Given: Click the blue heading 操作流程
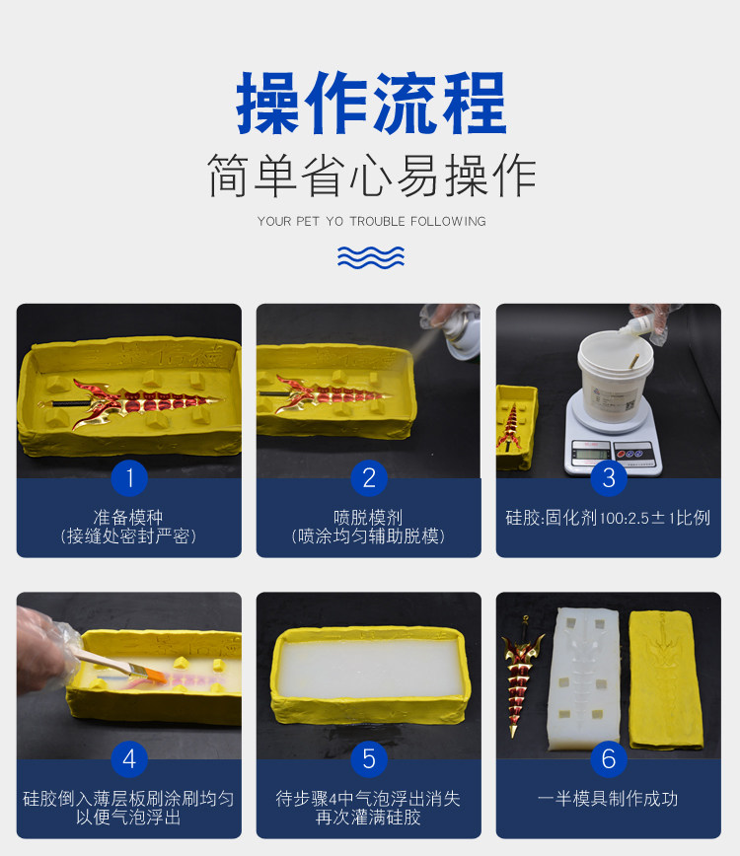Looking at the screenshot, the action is point(371,104).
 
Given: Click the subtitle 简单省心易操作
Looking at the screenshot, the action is point(371,176).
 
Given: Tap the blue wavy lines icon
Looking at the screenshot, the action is point(371,257).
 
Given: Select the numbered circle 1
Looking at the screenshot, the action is point(129,478).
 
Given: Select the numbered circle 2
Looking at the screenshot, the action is point(369,478).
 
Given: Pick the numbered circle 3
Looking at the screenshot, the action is point(609,478).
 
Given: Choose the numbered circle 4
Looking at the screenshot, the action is point(129,758).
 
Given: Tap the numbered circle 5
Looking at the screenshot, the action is point(369,758).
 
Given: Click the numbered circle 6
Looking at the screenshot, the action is point(609,758).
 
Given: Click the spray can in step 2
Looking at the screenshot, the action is point(461,335).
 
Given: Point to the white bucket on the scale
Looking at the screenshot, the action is point(616,377).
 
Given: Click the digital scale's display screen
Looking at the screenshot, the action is point(591,453).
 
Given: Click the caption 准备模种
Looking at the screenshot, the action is point(128,517).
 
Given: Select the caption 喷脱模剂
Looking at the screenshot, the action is point(368,517).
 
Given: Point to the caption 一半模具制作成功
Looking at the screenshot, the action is point(608,799).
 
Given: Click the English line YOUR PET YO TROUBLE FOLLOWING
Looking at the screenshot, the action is point(371,221).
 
